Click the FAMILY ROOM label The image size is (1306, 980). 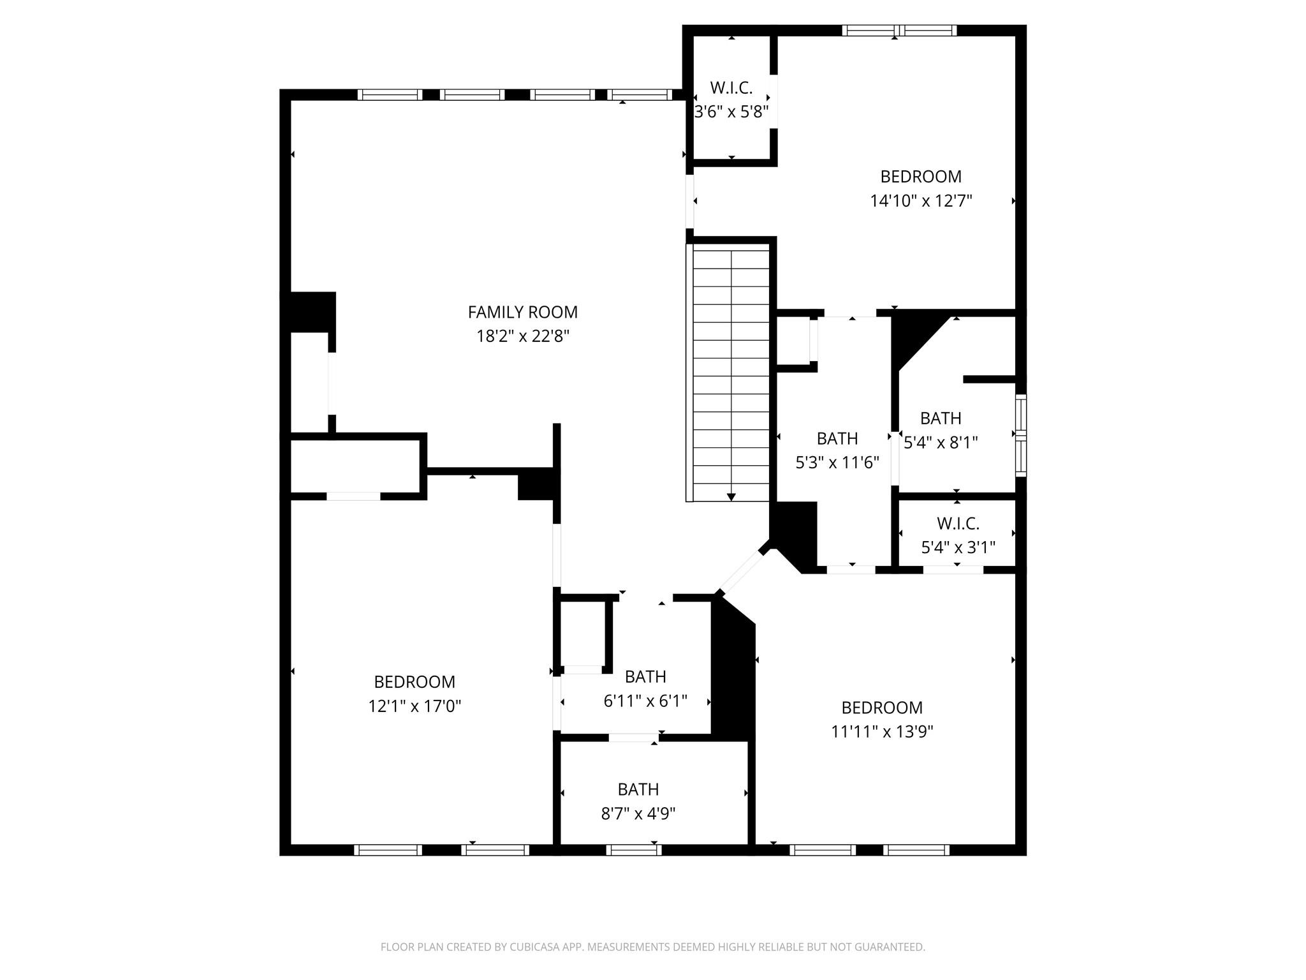point(522,312)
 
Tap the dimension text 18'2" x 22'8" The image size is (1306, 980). point(522,336)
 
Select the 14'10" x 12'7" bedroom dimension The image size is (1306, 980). point(921,201)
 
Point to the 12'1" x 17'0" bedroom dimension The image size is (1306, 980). point(415,706)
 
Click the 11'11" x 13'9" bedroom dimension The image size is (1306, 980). point(882,732)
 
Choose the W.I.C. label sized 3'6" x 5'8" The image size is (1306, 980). point(731,88)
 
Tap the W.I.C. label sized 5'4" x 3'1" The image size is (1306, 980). point(958,524)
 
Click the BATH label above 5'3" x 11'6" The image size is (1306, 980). point(837,439)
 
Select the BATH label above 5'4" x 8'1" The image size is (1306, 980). point(941,419)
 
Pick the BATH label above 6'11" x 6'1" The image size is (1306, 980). point(645,677)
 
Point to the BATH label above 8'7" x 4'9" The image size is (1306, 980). point(638,790)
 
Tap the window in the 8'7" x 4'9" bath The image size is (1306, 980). point(633,850)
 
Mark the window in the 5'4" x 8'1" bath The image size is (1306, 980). point(1021,435)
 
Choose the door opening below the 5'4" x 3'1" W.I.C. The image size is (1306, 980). point(953,570)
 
